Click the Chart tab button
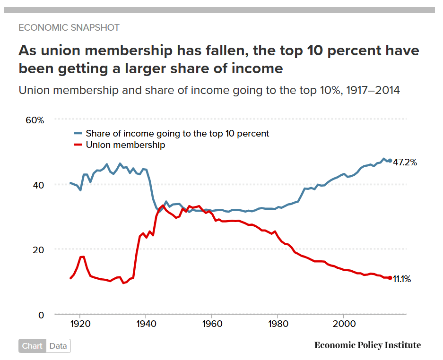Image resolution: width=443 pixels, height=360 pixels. tap(32, 346)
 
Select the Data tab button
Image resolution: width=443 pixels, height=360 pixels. tap(58, 346)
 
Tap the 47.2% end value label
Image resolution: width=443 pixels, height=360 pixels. tap(405, 162)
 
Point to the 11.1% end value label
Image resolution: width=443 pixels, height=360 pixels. tap(402, 279)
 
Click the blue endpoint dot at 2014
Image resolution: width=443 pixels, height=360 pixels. tap(390, 161)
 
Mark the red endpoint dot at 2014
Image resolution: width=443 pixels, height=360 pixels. tap(390, 278)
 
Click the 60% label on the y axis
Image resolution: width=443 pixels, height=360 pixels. tap(35, 120)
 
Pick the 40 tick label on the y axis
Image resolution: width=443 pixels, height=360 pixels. tap(38, 185)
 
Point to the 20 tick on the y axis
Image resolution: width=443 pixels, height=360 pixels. tap(38, 249)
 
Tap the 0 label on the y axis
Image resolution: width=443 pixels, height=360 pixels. tap(41, 315)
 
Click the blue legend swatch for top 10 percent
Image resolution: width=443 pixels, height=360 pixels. tap(78, 134)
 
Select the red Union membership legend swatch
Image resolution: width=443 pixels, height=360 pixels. tap(78, 145)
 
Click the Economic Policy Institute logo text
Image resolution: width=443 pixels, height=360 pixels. tap(367, 345)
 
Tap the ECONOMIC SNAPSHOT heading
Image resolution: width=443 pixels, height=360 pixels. tap(69, 27)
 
